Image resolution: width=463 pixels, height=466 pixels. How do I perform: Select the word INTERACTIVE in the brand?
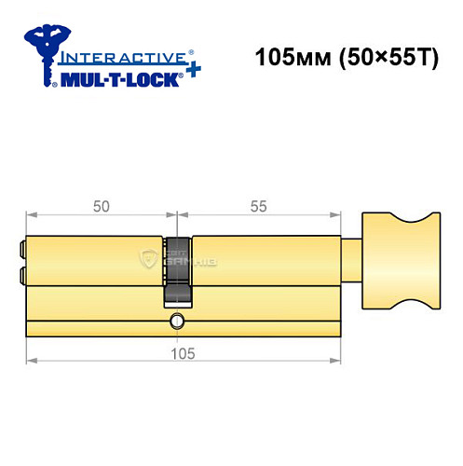point(112,58)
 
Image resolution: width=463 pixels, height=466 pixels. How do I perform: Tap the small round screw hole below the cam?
point(175,322)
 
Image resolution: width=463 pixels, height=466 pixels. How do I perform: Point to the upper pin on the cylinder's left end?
point(20,250)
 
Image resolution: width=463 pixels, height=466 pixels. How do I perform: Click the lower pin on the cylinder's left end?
point(20,275)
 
